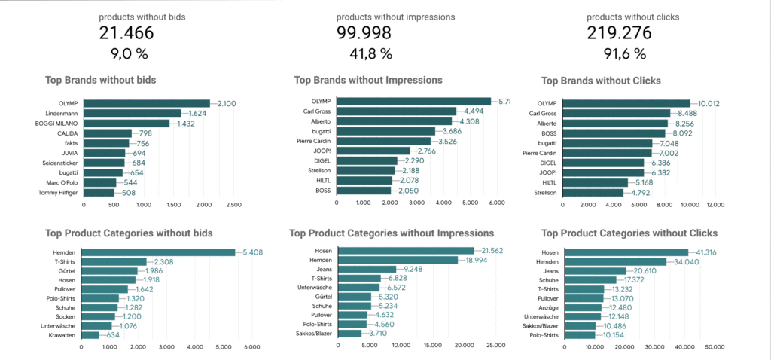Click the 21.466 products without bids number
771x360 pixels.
coord(126,33)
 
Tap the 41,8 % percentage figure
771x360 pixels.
coord(364,53)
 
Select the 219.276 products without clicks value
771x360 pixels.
coord(616,33)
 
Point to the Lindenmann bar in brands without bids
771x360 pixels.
coord(132,113)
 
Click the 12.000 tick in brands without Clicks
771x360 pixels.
coord(713,203)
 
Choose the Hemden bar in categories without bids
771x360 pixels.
coord(158,252)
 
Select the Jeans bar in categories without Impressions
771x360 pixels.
coord(367,269)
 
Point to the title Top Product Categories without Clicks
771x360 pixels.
coord(629,233)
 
